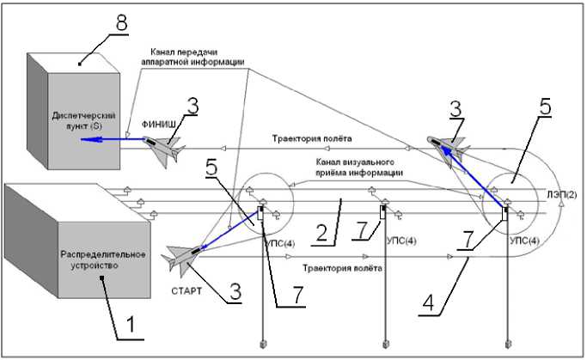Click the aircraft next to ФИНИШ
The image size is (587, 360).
tap(166, 149)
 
